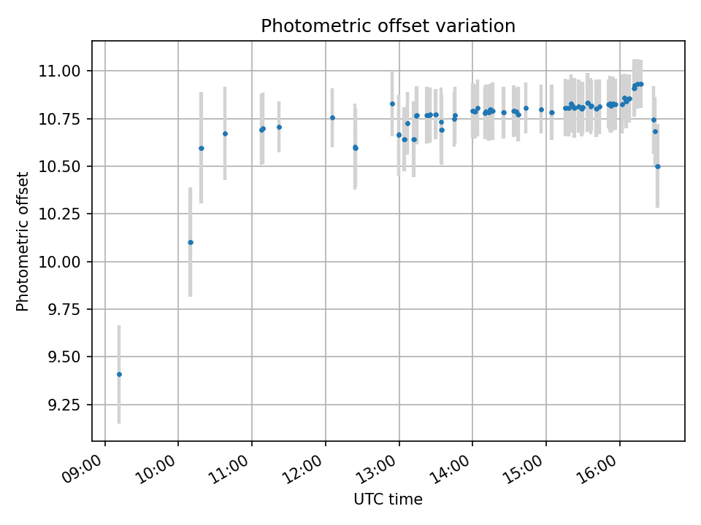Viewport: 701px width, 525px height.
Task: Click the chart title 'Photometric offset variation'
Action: [x=388, y=26]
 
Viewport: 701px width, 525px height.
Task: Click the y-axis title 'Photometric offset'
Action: [x=23, y=241]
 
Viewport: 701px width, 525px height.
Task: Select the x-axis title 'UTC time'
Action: [x=388, y=499]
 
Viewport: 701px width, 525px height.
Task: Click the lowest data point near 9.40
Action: [x=119, y=374]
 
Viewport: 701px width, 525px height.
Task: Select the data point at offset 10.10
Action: [x=191, y=242]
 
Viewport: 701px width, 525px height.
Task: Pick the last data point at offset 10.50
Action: [x=657, y=166]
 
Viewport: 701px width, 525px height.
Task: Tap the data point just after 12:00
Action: [x=332, y=117]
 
